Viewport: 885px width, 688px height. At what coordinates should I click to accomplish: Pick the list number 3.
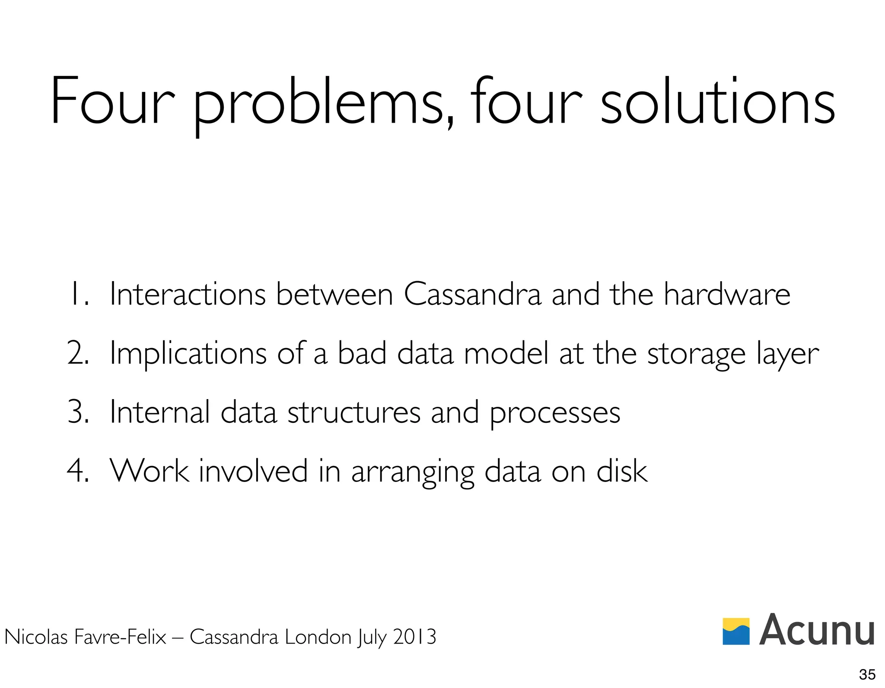(78, 412)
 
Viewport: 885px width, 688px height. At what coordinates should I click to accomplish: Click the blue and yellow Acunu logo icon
(736, 631)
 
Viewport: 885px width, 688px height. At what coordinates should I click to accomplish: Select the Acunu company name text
(817, 630)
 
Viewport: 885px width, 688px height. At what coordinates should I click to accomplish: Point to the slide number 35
(867, 674)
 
